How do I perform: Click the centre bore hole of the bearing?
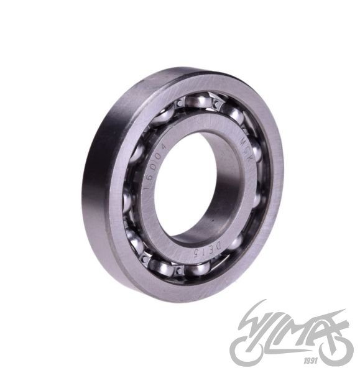(193, 186)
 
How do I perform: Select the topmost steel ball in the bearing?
(201, 99)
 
